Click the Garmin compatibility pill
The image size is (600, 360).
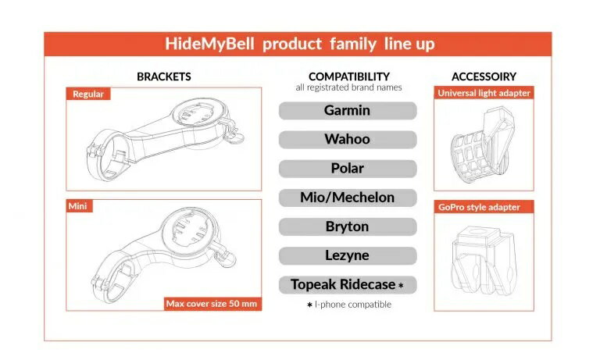(348, 111)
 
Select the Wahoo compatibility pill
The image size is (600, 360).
(348, 140)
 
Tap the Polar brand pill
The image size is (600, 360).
(348, 169)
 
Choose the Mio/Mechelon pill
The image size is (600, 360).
(348, 198)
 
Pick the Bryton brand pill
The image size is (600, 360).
(348, 227)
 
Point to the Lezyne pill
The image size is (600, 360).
(348, 256)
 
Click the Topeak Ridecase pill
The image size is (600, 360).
(348, 285)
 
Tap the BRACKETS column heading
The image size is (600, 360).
(164, 77)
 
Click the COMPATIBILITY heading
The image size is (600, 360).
(349, 77)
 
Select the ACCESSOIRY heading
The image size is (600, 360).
(484, 77)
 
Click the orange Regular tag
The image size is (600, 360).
(88, 94)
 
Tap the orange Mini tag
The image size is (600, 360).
(79, 206)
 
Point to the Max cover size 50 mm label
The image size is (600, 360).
(212, 304)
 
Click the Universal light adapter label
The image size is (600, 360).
(484, 93)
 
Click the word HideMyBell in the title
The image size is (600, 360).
(209, 44)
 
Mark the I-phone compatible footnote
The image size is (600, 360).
(349, 305)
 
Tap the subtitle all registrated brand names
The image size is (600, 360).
(348, 87)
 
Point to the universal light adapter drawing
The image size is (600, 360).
(481, 145)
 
